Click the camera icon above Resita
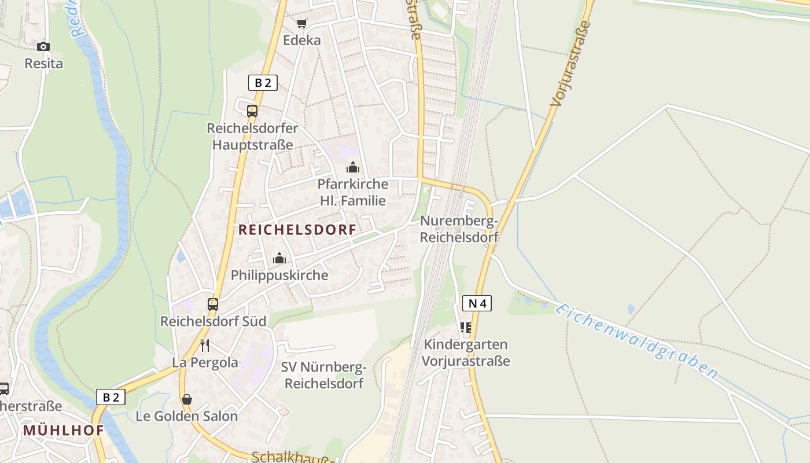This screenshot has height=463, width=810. pos(43,46)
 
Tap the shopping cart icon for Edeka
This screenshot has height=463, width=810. pos(301,24)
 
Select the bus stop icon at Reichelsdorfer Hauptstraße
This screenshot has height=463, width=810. pos(252,111)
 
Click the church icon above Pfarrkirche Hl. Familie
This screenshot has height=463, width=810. pos(353,168)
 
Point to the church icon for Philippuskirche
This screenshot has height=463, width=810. pos(279,258)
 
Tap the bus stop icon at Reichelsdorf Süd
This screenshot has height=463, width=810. pos(213,304)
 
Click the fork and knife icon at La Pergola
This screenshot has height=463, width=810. pos(204,346)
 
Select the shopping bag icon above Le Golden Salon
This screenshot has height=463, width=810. pos(186,399)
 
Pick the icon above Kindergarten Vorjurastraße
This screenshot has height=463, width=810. pos(466,328)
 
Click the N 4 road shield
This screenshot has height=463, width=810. pos(477,303)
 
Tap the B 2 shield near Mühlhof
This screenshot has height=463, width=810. pos(111,397)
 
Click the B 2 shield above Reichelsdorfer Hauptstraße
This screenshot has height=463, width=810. pos(263,83)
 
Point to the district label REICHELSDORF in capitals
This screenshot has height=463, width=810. pos(297,230)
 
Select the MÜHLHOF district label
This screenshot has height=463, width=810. pos(64,431)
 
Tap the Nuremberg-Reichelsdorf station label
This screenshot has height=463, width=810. pos(459,229)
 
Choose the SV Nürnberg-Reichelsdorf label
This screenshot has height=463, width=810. pos(324,375)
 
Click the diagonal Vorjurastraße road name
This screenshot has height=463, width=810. pos(571,64)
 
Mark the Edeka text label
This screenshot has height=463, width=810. pos(301,41)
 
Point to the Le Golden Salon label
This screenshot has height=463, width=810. pos(186,416)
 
